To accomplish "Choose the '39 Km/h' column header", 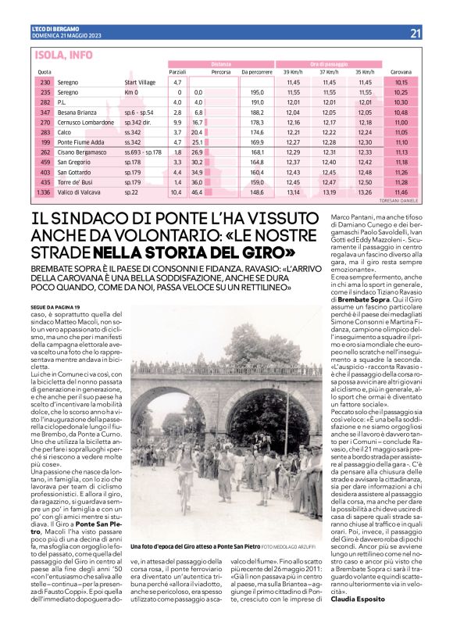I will pyautogui.click(x=293, y=71).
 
